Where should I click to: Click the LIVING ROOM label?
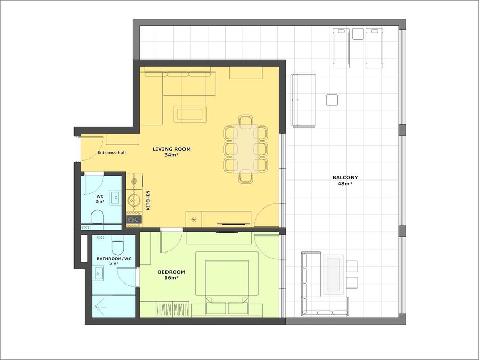(171, 149)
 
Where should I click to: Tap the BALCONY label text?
(345, 177)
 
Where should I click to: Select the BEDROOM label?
(171, 272)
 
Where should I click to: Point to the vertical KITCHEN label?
(148, 200)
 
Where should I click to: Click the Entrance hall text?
(112, 153)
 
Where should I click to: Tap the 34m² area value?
(171, 155)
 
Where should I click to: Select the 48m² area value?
(345, 184)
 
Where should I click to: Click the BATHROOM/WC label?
(114, 259)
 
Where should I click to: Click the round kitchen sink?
(134, 201)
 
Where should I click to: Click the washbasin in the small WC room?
(116, 197)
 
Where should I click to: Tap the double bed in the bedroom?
(227, 283)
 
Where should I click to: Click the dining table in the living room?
(246, 149)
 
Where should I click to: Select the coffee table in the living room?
(190, 114)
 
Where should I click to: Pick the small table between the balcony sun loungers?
(358, 33)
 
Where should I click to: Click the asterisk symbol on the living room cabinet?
(193, 219)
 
